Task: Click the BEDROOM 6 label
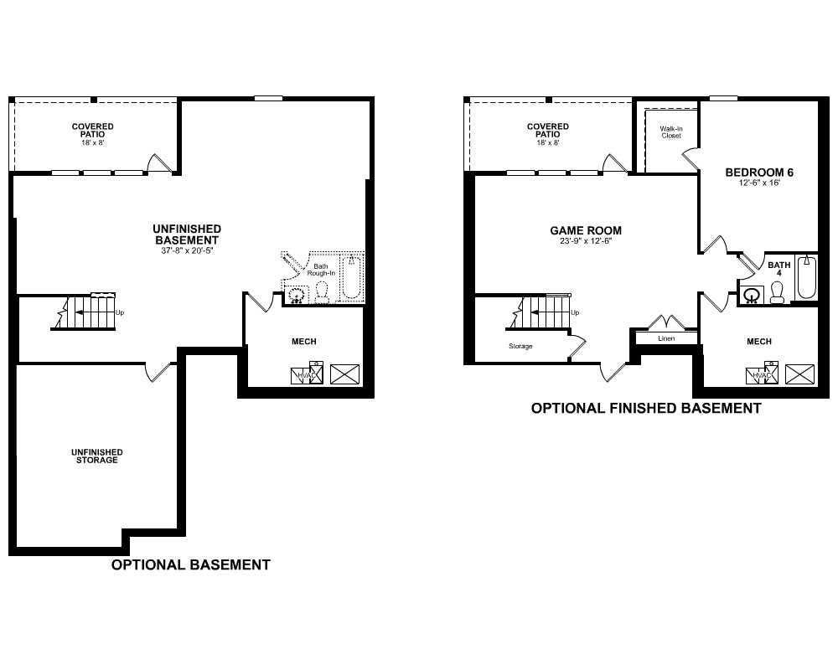[759, 173]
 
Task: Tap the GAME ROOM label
[586, 231]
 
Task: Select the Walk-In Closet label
[671, 132]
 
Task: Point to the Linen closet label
[666, 338]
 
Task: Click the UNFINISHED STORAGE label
[96, 456]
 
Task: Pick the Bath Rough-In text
[321, 270]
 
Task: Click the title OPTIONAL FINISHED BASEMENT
[645, 408]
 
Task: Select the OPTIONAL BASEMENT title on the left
[191, 564]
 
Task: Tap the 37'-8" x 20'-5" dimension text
[187, 250]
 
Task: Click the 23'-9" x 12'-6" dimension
[586, 241]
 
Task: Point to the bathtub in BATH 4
[806, 278]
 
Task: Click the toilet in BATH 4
[777, 293]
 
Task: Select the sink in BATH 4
[753, 296]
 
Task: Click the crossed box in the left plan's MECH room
[344, 374]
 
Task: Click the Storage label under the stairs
[520, 346]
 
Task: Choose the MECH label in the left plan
[304, 342]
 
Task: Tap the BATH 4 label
[779, 269]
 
